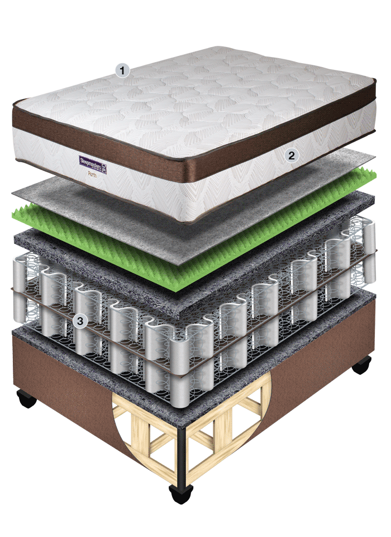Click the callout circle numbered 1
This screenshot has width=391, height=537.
pos(122,70)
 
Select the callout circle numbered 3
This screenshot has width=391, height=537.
pos(81,321)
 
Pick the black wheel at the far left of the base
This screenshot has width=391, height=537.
pos(26,399)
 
